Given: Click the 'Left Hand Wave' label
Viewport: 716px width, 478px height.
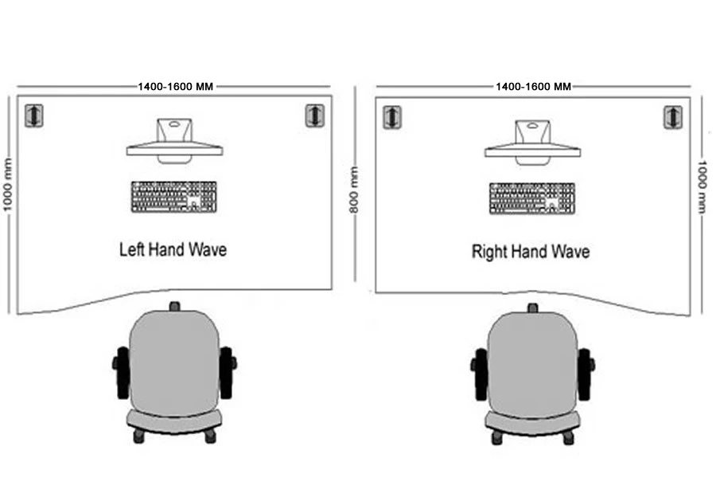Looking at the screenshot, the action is pyautogui.click(x=173, y=249).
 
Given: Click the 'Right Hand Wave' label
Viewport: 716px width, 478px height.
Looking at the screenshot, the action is pyautogui.click(x=530, y=252).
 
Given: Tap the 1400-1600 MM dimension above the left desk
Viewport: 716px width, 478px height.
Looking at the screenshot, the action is pyautogui.click(x=175, y=87).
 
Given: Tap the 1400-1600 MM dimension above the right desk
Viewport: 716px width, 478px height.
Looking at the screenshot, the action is pyautogui.click(x=533, y=87).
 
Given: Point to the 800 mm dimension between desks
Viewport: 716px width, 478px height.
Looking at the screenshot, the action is pyautogui.click(x=354, y=190).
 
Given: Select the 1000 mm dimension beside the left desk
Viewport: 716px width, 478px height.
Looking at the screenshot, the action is pyautogui.click(x=8, y=185).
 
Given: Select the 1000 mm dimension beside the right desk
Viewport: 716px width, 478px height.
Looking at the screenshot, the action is pyautogui.click(x=702, y=186).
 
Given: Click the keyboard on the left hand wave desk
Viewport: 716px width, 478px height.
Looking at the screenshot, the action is pyautogui.click(x=174, y=197).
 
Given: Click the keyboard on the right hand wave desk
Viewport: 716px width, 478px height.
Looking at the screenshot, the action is pyautogui.click(x=532, y=198).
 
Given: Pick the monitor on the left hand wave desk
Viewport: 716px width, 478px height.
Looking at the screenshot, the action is pyautogui.click(x=174, y=141).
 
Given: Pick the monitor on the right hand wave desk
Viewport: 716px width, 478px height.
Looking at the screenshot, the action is pyautogui.click(x=532, y=143).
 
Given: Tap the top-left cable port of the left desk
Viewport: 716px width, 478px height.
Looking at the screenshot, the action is pyautogui.click(x=33, y=116).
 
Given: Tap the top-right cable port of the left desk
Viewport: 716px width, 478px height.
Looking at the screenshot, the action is pyautogui.click(x=314, y=116).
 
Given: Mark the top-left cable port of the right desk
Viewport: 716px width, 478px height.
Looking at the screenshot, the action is pyautogui.click(x=391, y=117).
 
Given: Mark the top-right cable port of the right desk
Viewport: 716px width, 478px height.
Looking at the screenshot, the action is pyautogui.click(x=672, y=117).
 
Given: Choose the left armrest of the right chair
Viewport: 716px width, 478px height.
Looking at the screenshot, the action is pyautogui.click(x=480, y=374).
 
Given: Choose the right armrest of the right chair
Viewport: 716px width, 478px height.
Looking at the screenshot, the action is pyautogui.click(x=585, y=374).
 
